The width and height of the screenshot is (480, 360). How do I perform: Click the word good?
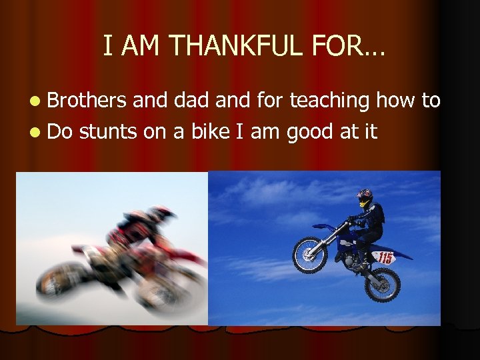coord(311,132)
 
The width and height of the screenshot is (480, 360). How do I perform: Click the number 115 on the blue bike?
coord(385,258)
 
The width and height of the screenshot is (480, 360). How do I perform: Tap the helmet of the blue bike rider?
coord(365,197)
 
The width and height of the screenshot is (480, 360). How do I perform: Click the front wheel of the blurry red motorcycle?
coord(64,279)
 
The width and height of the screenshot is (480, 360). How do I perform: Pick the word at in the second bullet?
coord(350,132)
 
